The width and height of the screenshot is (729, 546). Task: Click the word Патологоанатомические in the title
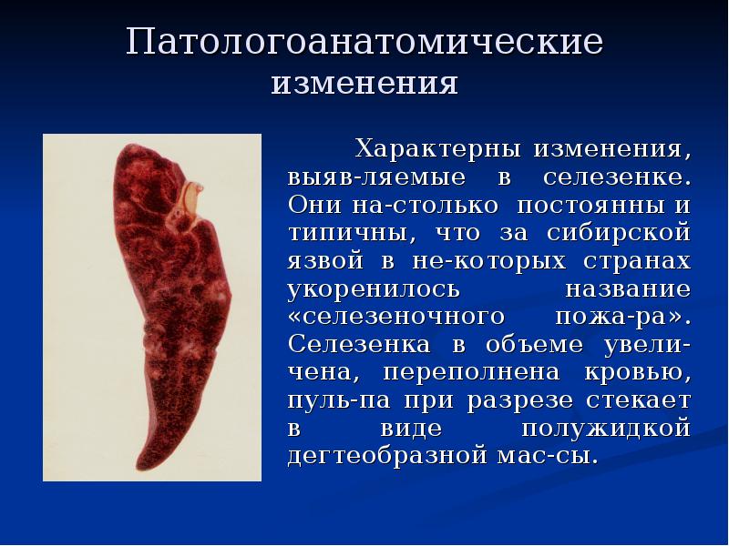pyautogui.click(x=364, y=44)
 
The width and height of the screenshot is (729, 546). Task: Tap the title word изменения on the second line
pyautogui.click(x=364, y=84)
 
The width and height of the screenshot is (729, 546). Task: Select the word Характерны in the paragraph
pyautogui.click(x=436, y=147)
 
